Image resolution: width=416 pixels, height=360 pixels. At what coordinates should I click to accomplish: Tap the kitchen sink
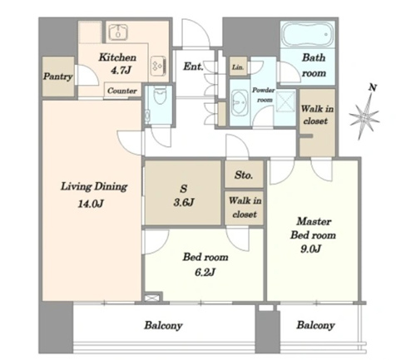pyautogui.click(x=118, y=32)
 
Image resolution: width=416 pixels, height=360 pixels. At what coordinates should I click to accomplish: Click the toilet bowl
pyautogui.click(x=160, y=95)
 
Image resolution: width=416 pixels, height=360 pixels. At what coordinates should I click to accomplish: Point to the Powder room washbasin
pyautogui.click(x=239, y=102)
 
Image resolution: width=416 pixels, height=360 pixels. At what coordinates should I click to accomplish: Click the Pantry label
pyautogui.click(x=58, y=76)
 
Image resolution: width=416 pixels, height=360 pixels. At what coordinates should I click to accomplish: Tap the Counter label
pyautogui.click(x=122, y=91)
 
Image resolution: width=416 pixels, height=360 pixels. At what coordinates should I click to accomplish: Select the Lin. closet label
pyautogui.click(x=238, y=67)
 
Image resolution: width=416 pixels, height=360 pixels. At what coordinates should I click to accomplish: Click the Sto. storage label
pyautogui.click(x=244, y=175)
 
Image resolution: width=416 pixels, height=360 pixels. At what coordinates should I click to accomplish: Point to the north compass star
pyautogui.click(x=364, y=116)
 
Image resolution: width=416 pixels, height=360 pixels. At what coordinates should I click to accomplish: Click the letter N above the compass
pyautogui.click(x=373, y=87)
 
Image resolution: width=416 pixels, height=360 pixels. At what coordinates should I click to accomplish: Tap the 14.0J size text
pyautogui.click(x=91, y=205)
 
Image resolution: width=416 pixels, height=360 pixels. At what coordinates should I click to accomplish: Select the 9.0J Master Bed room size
pyautogui.click(x=311, y=249)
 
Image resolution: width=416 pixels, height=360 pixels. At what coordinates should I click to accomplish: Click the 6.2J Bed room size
pyautogui.click(x=205, y=273)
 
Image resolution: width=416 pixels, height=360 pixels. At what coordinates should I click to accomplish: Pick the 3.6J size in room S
pyautogui.click(x=184, y=203)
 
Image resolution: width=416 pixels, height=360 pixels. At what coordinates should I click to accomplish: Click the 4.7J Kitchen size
pyautogui.click(x=121, y=71)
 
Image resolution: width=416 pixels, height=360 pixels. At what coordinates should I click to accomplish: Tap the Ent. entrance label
pyautogui.click(x=193, y=67)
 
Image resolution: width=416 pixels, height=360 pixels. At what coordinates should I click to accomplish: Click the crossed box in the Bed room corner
pyautogui.click(x=152, y=298)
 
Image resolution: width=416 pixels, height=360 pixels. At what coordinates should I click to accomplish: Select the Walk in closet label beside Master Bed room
pyautogui.click(x=317, y=115)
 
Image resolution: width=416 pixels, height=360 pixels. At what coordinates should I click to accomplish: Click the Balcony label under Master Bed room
pyautogui.click(x=315, y=325)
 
